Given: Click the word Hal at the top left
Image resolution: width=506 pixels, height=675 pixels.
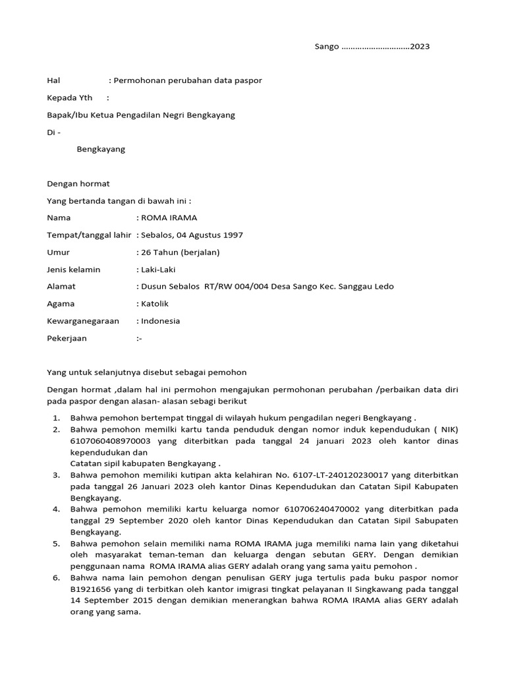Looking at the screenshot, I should tap(53, 80).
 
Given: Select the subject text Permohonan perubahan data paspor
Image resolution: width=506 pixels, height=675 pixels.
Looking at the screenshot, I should tap(188, 80).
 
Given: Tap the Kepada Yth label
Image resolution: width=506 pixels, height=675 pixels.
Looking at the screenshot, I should tap(70, 98).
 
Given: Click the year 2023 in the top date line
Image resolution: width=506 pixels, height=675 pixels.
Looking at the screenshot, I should tap(420, 47).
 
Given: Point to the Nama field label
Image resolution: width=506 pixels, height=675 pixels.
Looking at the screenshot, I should tap(59, 218).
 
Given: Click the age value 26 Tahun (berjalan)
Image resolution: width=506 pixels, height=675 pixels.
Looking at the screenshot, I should tap(180, 252).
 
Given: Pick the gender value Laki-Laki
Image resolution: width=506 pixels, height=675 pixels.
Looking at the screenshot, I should tap(158, 269).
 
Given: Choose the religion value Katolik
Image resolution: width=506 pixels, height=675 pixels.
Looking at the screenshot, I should tap(155, 304).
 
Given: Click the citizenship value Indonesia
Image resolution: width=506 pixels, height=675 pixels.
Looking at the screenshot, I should tap(160, 321).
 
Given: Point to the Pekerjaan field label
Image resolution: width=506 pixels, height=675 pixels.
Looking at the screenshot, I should tap(67, 338).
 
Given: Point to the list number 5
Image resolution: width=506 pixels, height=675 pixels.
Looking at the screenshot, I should tap(57, 543).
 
